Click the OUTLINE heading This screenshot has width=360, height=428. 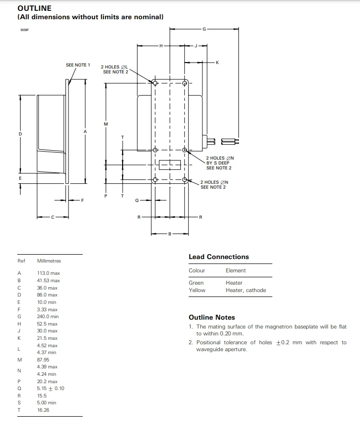[x=34, y=8]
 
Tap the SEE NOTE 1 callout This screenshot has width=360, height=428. [x=78, y=65]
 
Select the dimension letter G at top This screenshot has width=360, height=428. [x=204, y=29]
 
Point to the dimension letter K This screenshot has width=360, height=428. [x=217, y=63]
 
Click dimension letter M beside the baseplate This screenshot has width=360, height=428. [x=106, y=124]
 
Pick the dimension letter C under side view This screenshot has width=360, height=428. [x=53, y=217]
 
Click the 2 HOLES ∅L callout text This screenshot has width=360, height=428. [x=114, y=66]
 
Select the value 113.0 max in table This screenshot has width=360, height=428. [x=48, y=273]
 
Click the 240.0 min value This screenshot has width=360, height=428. [x=48, y=317]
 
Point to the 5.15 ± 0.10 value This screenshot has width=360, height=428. [x=51, y=389]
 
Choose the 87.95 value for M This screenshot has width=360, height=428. [x=43, y=360]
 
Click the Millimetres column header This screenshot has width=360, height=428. [x=49, y=261]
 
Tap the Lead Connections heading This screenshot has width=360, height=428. [x=219, y=257]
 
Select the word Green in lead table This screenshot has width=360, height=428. [x=196, y=283]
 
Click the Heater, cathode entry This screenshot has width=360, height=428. [x=246, y=290]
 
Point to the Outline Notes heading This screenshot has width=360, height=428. [x=212, y=317]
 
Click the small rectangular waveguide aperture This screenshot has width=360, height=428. [x=169, y=165]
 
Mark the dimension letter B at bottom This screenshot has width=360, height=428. [x=170, y=233]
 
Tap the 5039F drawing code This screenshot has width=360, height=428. [x=25, y=30]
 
